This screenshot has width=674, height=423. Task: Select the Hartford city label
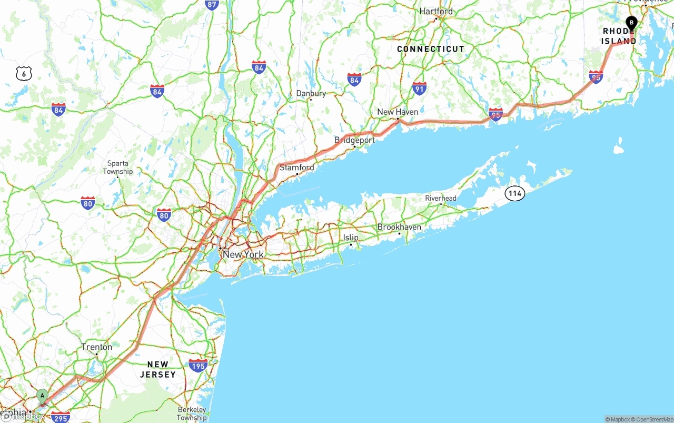point(435,11)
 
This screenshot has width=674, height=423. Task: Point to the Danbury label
point(311,93)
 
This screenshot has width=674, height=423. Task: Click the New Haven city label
point(398,112)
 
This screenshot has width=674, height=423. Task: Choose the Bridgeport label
point(354,140)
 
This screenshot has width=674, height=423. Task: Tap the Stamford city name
point(296,168)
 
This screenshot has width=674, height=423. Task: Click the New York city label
point(243,254)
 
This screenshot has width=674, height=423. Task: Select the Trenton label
point(96,347)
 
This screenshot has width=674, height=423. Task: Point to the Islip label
point(351,238)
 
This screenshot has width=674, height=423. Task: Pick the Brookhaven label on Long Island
point(399,227)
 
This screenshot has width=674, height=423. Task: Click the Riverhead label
point(441,198)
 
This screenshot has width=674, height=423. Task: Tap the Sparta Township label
point(117,168)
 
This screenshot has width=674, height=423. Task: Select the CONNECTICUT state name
point(430,49)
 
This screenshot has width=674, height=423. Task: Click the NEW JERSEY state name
point(157,369)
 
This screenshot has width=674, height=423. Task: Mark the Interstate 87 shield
point(212,5)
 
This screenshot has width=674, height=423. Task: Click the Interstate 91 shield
point(419,88)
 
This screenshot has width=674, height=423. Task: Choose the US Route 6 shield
point(24,74)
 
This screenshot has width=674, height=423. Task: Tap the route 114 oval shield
point(514,193)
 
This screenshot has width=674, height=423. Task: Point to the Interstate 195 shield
point(198,365)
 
